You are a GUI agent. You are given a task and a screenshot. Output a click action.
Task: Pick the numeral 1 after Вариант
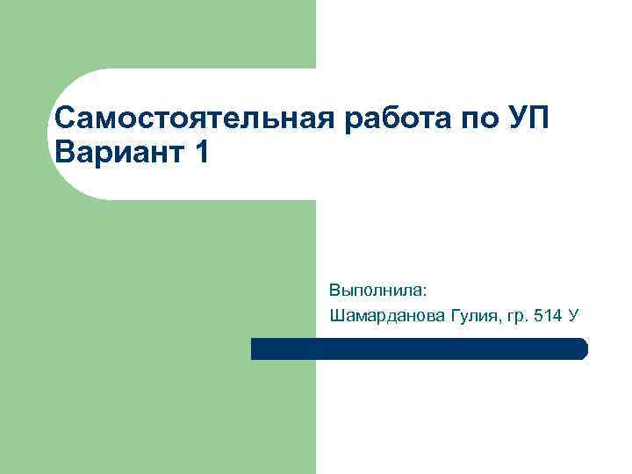203,153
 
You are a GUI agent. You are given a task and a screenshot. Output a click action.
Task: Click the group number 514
549,314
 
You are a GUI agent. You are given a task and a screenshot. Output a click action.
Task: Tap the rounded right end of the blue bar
583,348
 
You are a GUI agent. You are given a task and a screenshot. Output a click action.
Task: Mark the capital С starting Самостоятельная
63,118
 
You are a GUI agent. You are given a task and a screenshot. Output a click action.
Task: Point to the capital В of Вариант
63,153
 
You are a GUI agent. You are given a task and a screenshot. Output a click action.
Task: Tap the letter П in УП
540,118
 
